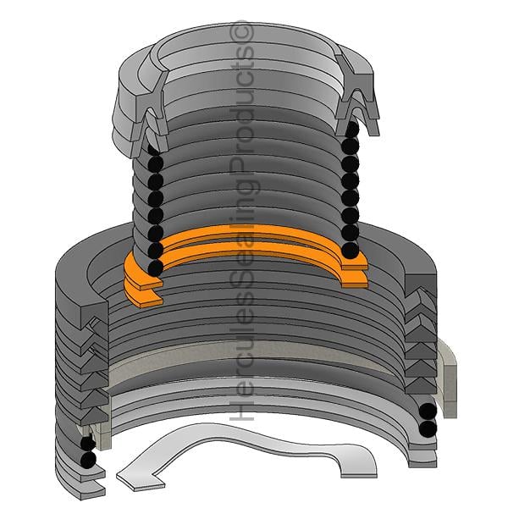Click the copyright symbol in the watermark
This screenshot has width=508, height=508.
tap(241, 35)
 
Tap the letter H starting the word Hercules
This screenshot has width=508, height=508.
tap(241, 411)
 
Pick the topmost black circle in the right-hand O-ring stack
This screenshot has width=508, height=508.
tap(352, 129)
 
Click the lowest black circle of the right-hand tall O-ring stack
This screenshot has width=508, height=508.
tap(351, 250)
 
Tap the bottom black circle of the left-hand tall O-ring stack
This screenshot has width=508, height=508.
tap(155, 268)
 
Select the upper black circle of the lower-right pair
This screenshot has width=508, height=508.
tap(428, 411)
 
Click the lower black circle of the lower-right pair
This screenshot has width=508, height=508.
tap(428, 429)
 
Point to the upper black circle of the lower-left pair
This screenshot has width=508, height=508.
tap(87, 444)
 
